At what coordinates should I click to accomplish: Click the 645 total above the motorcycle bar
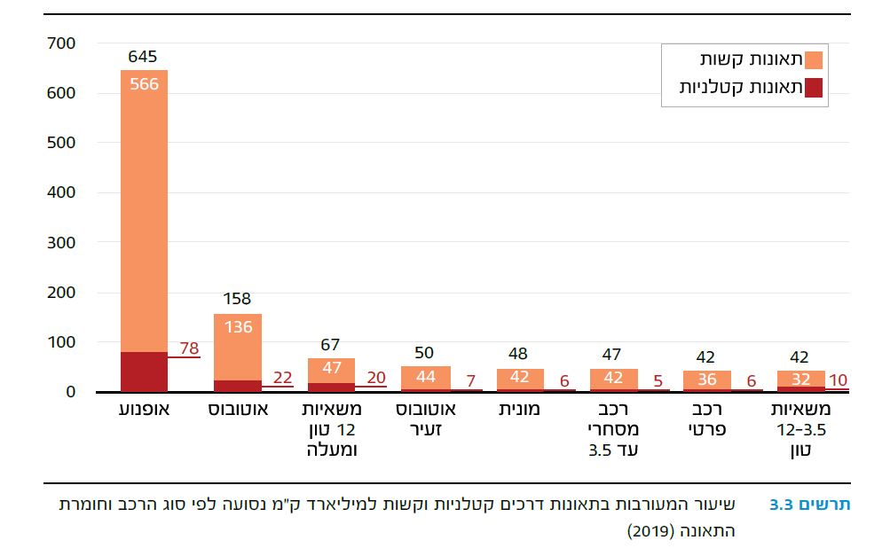click(x=143, y=58)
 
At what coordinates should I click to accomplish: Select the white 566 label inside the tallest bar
click(x=143, y=84)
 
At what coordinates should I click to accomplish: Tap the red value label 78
click(x=188, y=348)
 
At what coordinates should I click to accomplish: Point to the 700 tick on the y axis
click(x=61, y=43)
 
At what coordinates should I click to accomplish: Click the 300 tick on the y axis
click(x=61, y=242)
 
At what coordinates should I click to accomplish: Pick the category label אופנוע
click(x=144, y=411)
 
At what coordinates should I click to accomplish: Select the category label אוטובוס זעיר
click(x=426, y=420)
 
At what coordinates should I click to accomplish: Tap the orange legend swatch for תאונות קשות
click(x=815, y=59)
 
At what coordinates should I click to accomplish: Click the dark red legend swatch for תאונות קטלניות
click(x=815, y=87)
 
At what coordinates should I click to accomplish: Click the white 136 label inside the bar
click(x=238, y=327)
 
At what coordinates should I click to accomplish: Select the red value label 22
click(x=283, y=378)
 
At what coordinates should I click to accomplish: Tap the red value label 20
click(x=376, y=378)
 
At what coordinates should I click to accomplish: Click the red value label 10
click(x=838, y=381)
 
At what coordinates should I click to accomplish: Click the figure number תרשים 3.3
click(x=809, y=505)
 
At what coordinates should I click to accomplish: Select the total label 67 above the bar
click(x=331, y=345)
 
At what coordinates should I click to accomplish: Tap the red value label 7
click(x=469, y=381)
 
